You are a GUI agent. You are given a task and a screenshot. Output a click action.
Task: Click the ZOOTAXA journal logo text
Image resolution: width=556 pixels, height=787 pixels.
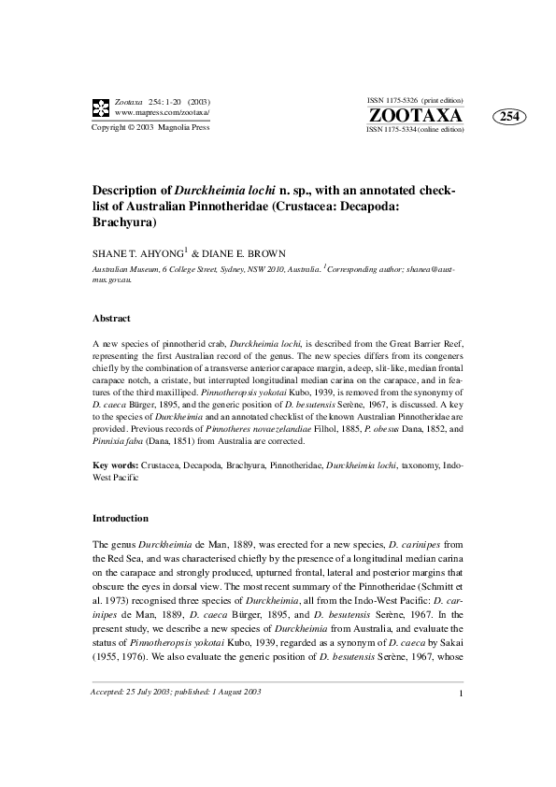coord(416,116)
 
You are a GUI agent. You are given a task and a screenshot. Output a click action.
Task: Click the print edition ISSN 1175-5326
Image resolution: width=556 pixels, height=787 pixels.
coord(415,100)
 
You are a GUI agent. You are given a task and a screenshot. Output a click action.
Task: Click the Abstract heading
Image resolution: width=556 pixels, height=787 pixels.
coord(111,319)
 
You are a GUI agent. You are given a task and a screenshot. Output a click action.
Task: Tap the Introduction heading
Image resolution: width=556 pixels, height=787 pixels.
coord(120,518)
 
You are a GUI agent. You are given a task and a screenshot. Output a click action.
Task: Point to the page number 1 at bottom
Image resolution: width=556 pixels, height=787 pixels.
coord(463,719)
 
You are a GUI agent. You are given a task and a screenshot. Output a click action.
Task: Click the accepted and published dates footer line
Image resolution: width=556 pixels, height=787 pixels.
coord(176,718)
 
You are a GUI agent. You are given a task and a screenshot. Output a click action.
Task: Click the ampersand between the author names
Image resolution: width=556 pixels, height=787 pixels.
coord(196,252)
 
